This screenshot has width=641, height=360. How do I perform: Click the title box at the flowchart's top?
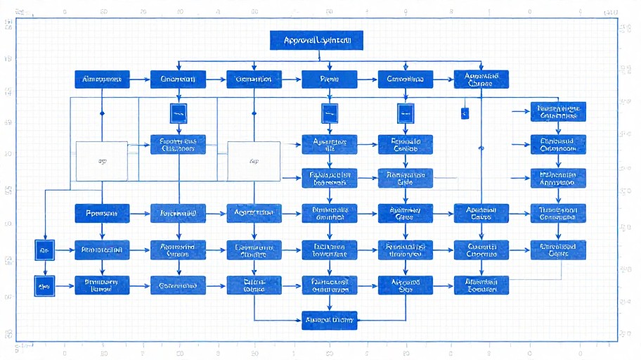316,41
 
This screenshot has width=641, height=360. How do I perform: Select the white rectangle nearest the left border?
102,161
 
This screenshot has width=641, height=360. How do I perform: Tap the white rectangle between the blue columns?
254,161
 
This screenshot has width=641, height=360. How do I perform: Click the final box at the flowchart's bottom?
330,320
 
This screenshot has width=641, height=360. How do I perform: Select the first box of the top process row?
102,79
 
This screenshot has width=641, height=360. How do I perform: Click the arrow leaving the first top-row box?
141,79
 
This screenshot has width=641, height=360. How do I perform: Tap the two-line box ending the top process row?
481,79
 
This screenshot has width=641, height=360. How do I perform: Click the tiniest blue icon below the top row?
465,112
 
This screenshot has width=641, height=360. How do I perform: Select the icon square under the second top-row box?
178,112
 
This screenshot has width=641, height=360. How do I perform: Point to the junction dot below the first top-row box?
102,112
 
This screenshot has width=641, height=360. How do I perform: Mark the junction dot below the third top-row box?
254,112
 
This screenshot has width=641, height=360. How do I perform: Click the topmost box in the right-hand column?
558,112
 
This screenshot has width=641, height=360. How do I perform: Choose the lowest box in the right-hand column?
558,250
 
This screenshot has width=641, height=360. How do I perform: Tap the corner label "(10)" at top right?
611,12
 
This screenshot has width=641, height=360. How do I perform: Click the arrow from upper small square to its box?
64,250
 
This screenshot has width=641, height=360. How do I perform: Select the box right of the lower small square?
102,285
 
